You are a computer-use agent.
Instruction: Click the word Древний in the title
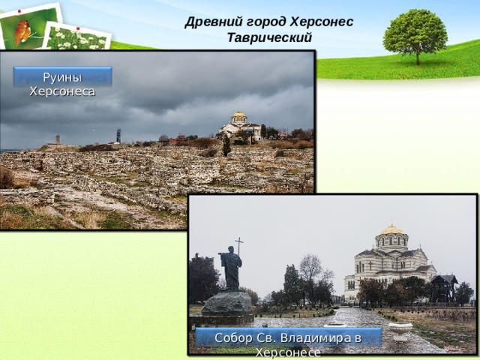point(207,22)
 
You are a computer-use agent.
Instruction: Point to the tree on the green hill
point(415,34)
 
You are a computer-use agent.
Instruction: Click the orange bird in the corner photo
point(24,31)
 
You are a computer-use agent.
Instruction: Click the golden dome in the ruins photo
point(239,115)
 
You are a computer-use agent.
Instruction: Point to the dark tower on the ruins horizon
point(118,136)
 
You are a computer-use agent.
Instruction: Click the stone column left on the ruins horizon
point(58,139)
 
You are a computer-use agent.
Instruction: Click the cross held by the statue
point(239,246)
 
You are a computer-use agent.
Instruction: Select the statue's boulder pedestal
point(227,303)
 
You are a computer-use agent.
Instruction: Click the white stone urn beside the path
point(400,327)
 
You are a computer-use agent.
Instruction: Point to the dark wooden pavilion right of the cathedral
point(444,286)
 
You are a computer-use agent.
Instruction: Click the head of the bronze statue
point(230,250)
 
